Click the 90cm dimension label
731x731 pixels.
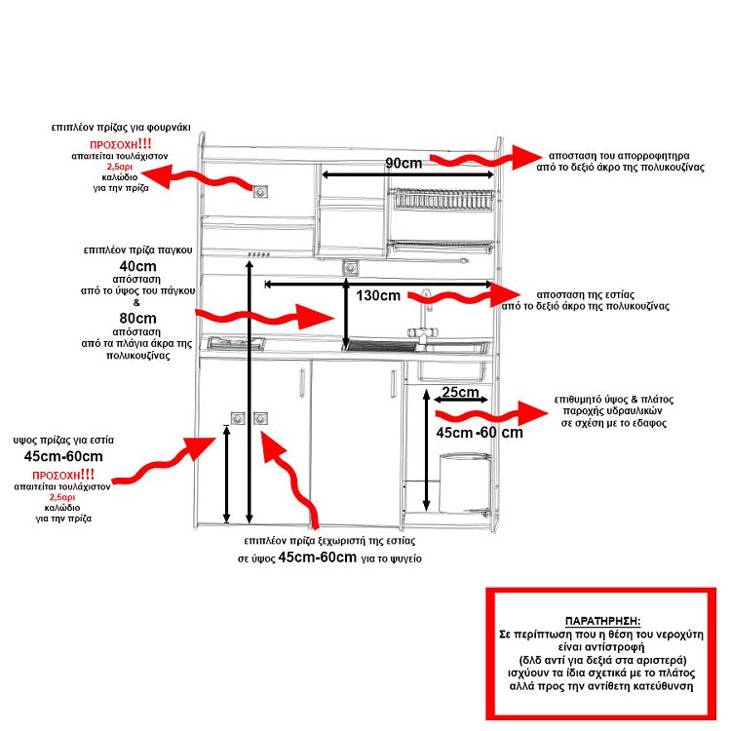pyautogui.click(x=404, y=163)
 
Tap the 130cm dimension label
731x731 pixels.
pyautogui.click(x=378, y=295)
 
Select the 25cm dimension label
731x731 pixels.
pyautogui.click(x=460, y=392)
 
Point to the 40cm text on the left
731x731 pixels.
pyautogui.click(x=137, y=266)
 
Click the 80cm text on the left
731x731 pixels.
pyautogui.click(x=137, y=319)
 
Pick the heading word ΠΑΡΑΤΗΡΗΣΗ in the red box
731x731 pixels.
pyautogui.click(x=602, y=621)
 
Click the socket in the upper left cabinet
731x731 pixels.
pyautogui.click(x=260, y=192)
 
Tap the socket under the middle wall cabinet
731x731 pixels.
pyautogui.click(x=350, y=268)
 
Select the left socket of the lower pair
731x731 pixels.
pyautogui.click(x=238, y=419)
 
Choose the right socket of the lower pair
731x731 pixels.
pyautogui.click(x=260, y=419)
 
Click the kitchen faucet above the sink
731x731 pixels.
pyautogui.click(x=423, y=322)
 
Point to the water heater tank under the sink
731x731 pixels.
pyautogui.click(x=465, y=483)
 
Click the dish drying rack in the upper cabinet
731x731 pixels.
pyautogui.click(x=441, y=200)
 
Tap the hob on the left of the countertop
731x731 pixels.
pyautogui.click(x=237, y=344)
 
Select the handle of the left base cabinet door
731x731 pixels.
pyautogui.click(x=302, y=383)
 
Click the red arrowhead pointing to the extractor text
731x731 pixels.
pyautogui.click(x=526, y=158)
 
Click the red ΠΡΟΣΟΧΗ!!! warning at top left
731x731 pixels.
pyautogui.click(x=121, y=144)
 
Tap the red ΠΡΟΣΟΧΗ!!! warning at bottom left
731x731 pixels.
pyautogui.click(x=63, y=475)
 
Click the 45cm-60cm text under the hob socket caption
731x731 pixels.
pyautogui.click(x=63, y=456)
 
